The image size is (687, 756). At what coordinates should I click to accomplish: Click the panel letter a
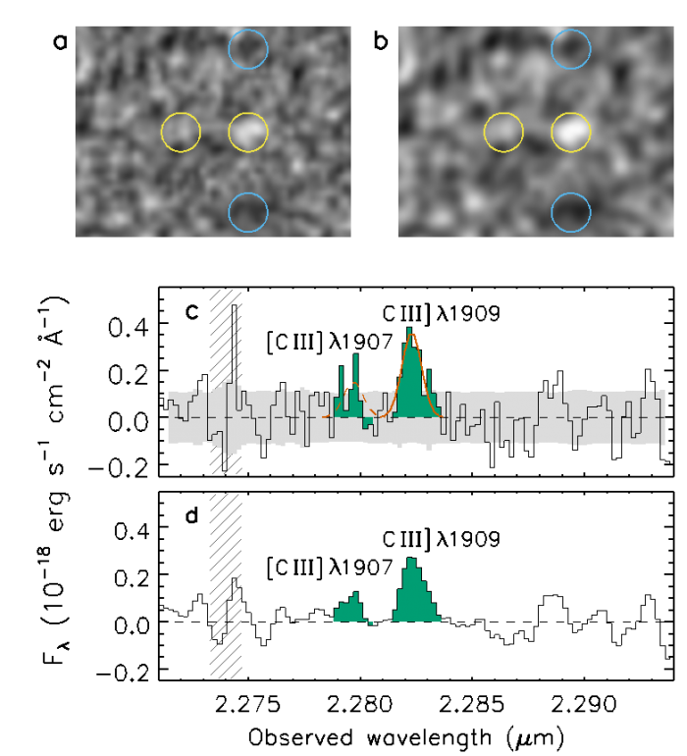pos(60,42)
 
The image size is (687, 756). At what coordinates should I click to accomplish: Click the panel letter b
pos(381,42)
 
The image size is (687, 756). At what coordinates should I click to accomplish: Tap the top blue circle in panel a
pos(247,49)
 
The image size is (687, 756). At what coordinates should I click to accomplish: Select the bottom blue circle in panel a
pos(247,212)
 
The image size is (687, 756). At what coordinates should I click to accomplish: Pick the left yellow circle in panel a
pos(181,132)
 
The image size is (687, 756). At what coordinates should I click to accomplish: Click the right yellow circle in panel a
pos(247,132)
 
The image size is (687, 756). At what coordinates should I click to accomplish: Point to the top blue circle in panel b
pos(571,49)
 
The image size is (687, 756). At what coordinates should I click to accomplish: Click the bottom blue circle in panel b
pos(571,212)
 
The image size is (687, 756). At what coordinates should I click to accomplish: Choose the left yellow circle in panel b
pos(505,132)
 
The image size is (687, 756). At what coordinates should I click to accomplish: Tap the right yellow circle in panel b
pos(571,132)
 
